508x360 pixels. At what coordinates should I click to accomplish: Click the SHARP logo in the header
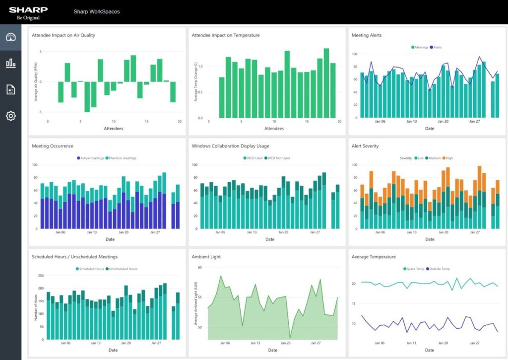click(x=28, y=10)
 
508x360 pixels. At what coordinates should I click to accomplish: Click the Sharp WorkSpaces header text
click(x=96, y=11)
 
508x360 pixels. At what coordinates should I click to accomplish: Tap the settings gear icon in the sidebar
click(x=10, y=116)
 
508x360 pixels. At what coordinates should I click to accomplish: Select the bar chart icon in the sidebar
click(x=10, y=63)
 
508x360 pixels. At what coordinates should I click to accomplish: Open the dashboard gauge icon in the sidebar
click(x=10, y=37)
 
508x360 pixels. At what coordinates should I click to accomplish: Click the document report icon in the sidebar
click(x=10, y=89)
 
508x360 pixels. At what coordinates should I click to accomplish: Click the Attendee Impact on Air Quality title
click(x=63, y=35)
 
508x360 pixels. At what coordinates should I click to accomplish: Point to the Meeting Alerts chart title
click(x=367, y=35)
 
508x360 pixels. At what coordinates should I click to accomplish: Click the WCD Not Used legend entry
click(x=278, y=158)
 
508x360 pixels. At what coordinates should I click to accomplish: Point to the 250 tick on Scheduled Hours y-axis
click(x=41, y=276)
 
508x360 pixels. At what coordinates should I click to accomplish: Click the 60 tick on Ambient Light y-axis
click(x=200, y=267)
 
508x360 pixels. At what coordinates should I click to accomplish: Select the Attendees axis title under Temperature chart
click(x=274, y=129)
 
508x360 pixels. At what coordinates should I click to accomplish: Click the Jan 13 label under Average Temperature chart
click(x=411, y=343)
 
